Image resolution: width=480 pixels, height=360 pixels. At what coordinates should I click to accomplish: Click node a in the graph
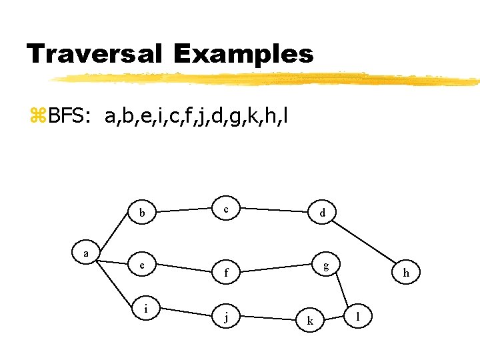(x=85, y=253)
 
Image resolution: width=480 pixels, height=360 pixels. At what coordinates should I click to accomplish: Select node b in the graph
(x=142, y=214)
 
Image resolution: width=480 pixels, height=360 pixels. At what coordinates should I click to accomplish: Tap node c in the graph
(x=227, y=209)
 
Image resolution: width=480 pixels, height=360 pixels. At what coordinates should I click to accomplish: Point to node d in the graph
(x=323, y=214)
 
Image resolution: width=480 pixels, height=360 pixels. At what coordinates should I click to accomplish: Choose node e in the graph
(x=142, y=265)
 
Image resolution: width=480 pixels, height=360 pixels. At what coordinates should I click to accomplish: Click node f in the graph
(x=227, y=272)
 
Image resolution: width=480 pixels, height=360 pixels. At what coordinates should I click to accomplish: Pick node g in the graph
(x=326, y=265)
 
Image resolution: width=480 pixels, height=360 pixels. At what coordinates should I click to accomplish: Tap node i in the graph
(x=146, y=310)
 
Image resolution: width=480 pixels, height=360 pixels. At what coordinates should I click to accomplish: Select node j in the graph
(x=227, y=317)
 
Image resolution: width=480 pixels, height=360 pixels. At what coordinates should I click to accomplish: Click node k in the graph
(x=309, y=321)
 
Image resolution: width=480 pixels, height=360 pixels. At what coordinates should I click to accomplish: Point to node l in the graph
(x=359, y=315)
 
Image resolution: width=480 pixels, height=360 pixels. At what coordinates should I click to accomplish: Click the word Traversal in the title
(x=94, y=54)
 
